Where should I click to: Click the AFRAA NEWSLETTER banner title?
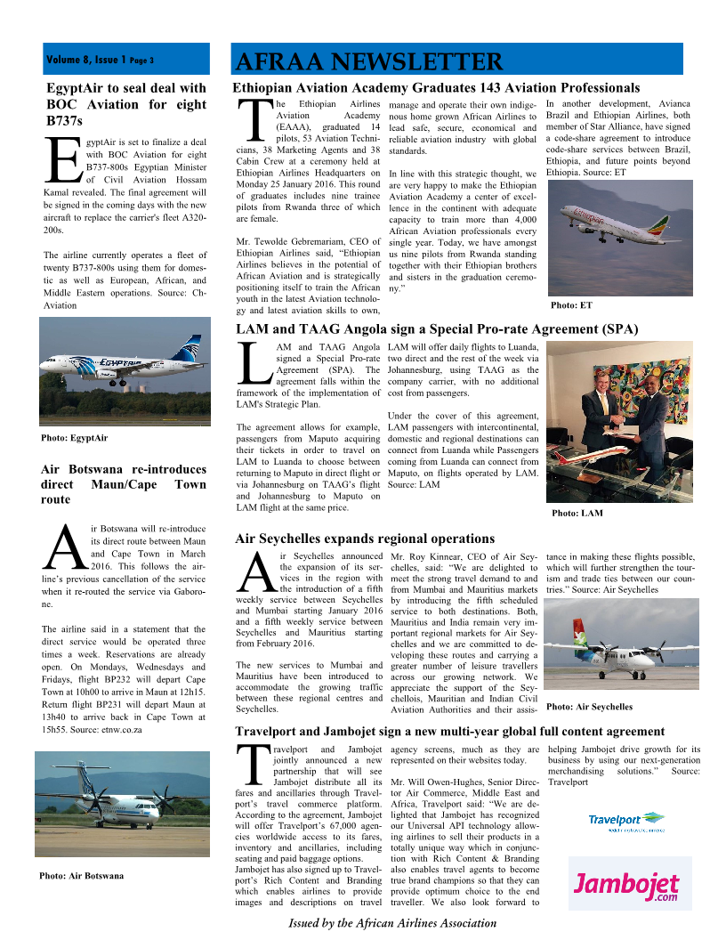click(369, 61)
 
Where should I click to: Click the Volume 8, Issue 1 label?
click(100, 61)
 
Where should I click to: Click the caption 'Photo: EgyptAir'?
click(75, 438)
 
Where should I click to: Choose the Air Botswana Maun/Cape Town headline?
click(124, 484)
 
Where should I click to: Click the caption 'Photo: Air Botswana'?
click(81, 876)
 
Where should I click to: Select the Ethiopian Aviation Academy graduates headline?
click(436, 88)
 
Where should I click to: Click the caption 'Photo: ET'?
click(571, 305)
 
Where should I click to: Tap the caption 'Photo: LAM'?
click(577, 514)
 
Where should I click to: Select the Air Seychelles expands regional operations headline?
click(365, 539)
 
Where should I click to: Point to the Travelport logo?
click(626, 821)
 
